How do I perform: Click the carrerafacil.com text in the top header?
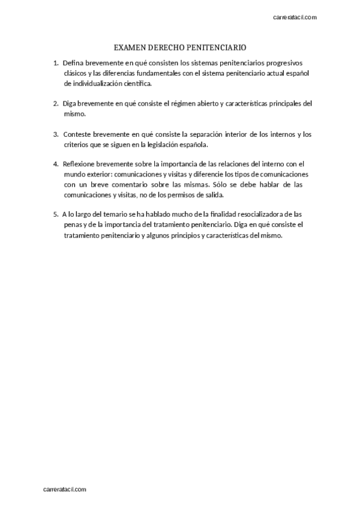pyautogui.click(x=295, y=17)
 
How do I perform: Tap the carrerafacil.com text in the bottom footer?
pyautogui.click(x=65, y=490)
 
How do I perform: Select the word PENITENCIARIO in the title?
pyautogui.click(x=217, y=47)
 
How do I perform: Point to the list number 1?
pyautogui.click(x=55, y=63)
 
